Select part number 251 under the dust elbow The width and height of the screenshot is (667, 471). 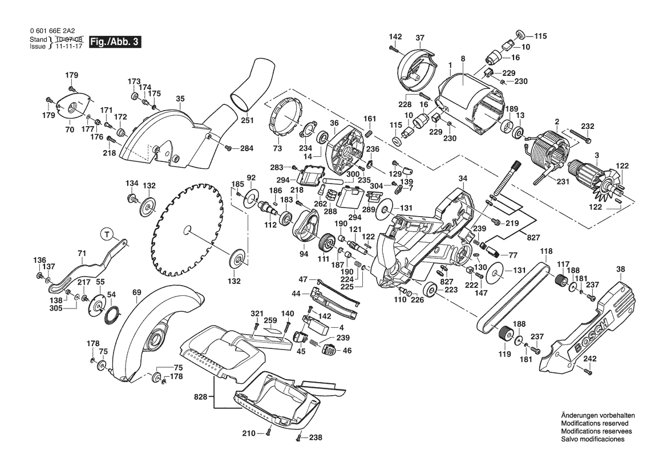[246, 120]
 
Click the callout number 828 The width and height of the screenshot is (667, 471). [200, 396]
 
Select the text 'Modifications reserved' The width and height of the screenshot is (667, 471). [595, 424]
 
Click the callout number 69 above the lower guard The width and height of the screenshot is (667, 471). [136, 293]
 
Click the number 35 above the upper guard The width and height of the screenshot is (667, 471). [180, 99]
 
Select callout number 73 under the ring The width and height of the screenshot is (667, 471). [277, 148]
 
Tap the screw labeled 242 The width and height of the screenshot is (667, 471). [588, 372]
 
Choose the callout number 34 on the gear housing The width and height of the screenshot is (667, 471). [463, 178]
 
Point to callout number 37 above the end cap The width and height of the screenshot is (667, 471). [420, 38]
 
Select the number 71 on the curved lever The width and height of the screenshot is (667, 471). [82, 253]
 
